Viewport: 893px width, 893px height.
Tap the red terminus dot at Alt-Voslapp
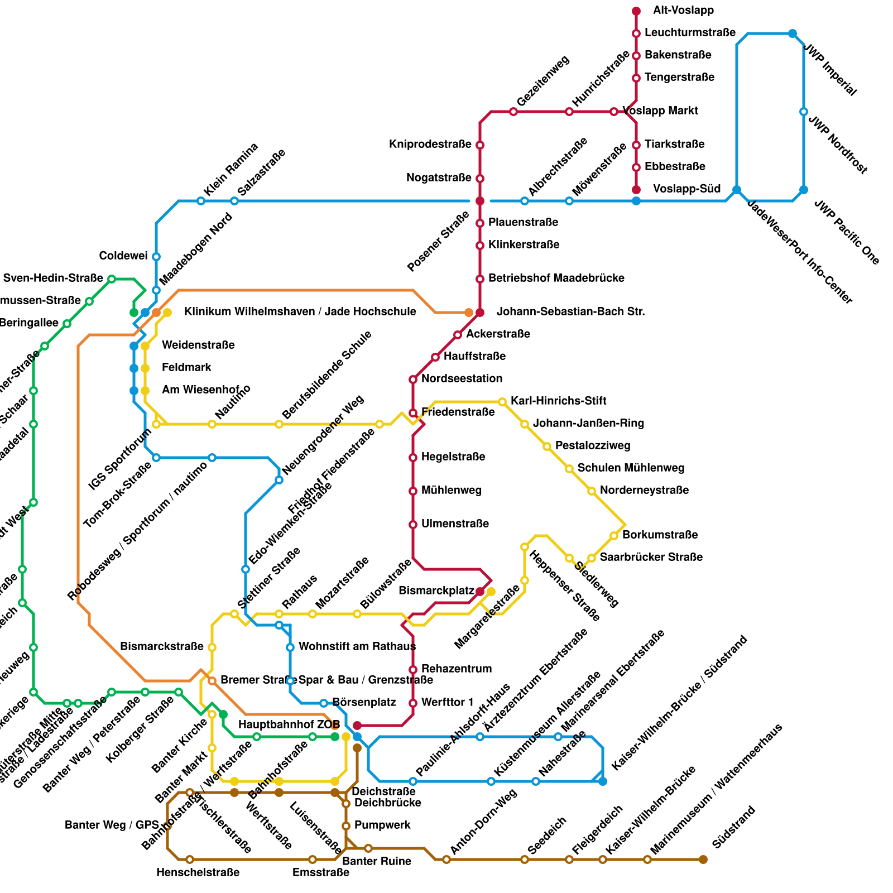(x=636, y=11)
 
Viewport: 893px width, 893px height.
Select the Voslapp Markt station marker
(x=614, y=112)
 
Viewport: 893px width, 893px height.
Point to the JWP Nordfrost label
(x=838, y=145)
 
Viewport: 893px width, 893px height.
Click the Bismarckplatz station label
(x=436, y=590)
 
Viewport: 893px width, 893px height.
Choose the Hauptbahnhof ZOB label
(x=289, y=724)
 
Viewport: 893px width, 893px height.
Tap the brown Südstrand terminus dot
(x=703, y=860)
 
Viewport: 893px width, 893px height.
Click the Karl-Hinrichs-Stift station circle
(x=502, y=402)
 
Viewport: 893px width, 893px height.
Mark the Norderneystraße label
(x=644, y=491)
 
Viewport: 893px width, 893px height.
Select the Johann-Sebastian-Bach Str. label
(x=570, y=312)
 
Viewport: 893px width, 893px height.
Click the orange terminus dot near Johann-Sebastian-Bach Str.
(x=469, y=313)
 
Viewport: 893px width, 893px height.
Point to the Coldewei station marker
(x=156, y=257)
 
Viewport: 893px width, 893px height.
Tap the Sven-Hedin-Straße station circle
(x=112, y=279)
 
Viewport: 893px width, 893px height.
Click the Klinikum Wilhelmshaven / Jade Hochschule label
(x=300, y=311)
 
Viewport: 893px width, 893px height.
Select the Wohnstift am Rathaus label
(x=357, y=647)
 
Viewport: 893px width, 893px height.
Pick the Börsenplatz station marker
(x=324, y=703)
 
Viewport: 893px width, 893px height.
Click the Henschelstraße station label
(x=198, y=873)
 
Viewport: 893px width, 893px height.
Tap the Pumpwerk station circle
(x=346, y=826)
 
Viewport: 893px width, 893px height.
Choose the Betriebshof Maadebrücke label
(x=556, y=278)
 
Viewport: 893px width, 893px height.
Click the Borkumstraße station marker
(x=614, y=536)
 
